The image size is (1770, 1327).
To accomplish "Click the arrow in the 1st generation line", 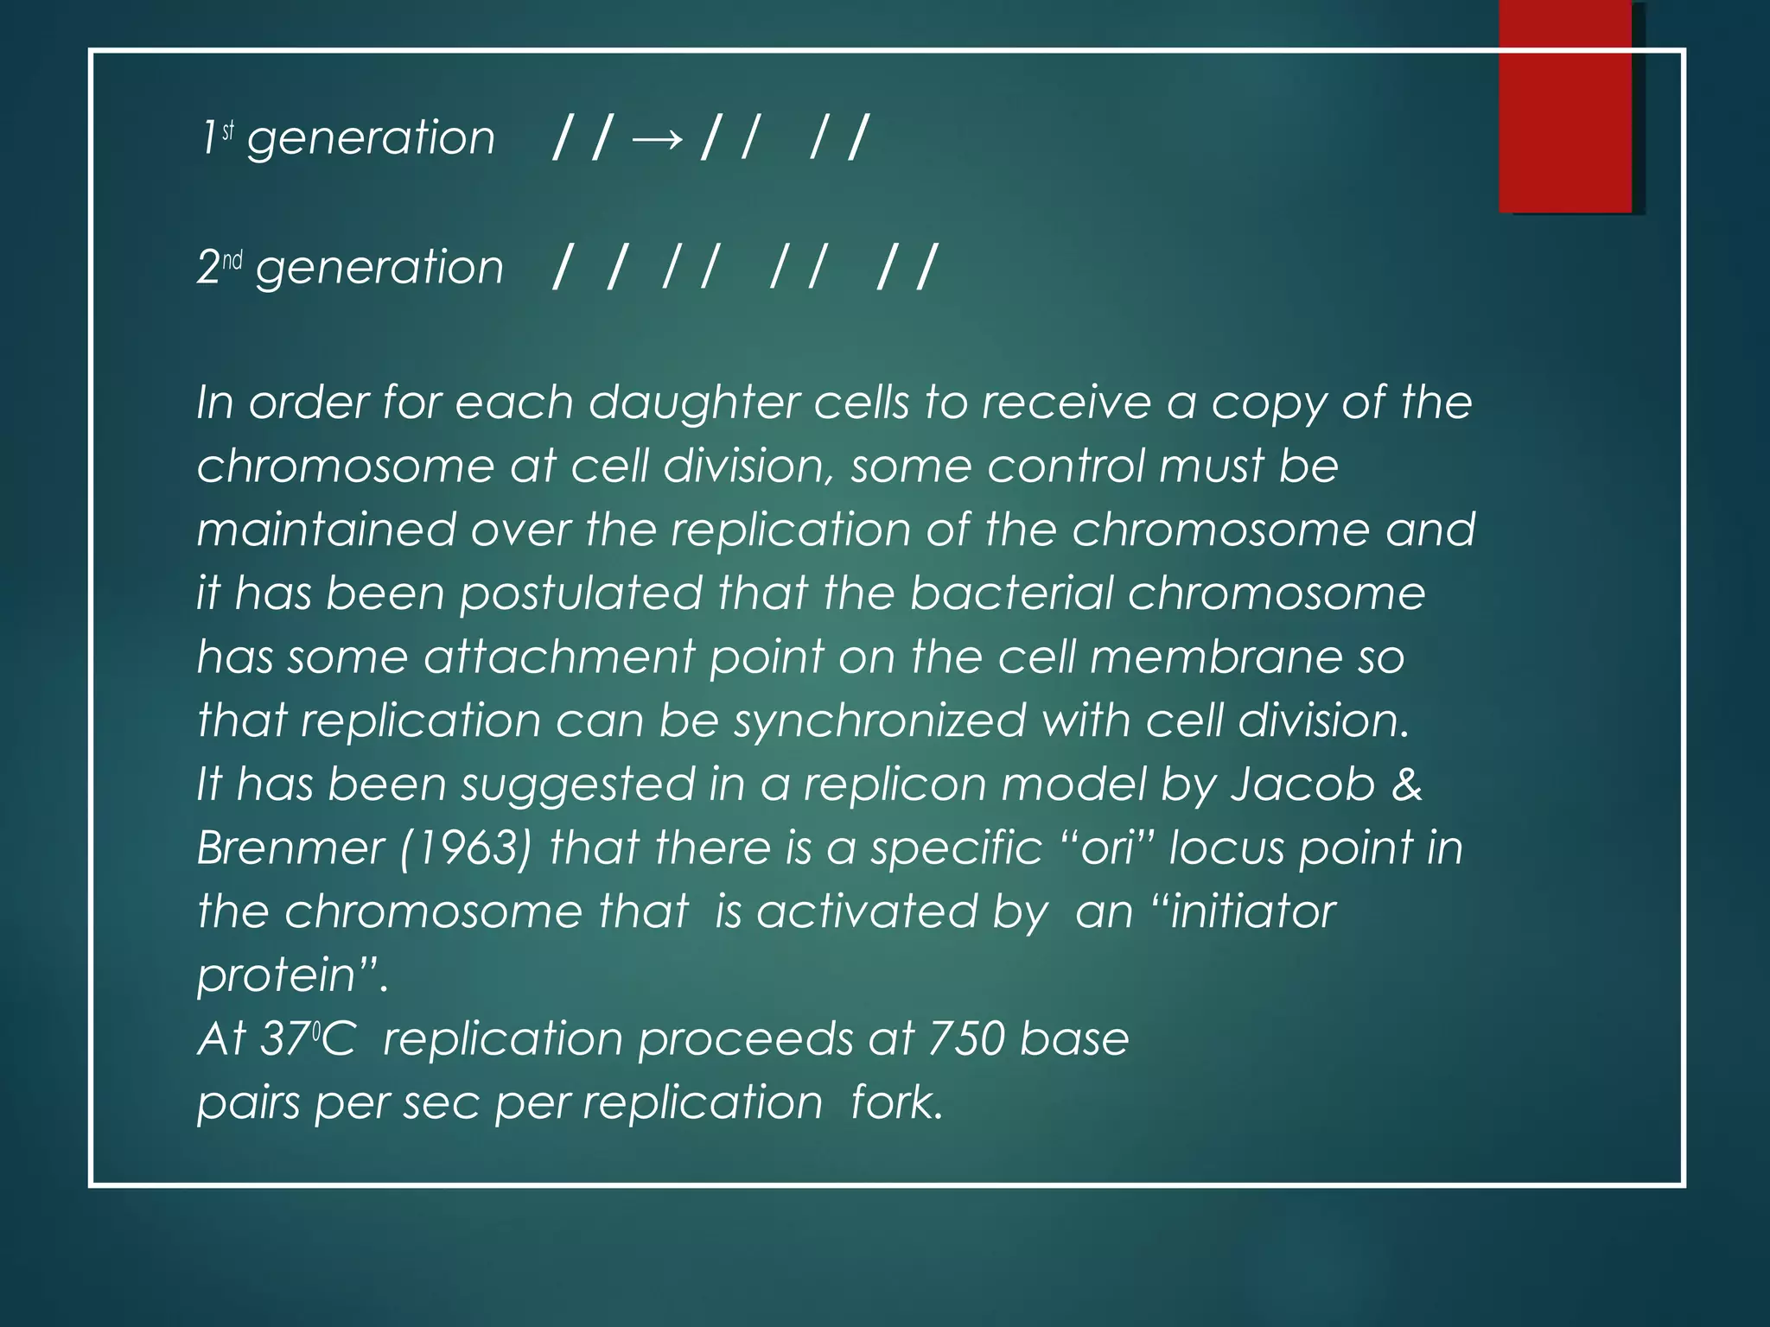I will tap(658, 138).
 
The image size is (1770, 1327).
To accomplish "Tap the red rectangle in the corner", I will tap(1565, 105).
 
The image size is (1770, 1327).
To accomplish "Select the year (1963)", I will tap(466, 848).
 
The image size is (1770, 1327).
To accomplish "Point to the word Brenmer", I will tap(290, 848).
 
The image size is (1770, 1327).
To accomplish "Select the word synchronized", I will tap(881, 721).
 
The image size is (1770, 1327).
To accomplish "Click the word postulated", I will tap(581, 594).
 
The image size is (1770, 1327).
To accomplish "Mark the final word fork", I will tap(895, 1102).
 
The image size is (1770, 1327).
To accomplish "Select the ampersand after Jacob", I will tap(1407, 784).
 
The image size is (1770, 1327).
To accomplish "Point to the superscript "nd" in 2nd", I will tap(232, 259).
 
